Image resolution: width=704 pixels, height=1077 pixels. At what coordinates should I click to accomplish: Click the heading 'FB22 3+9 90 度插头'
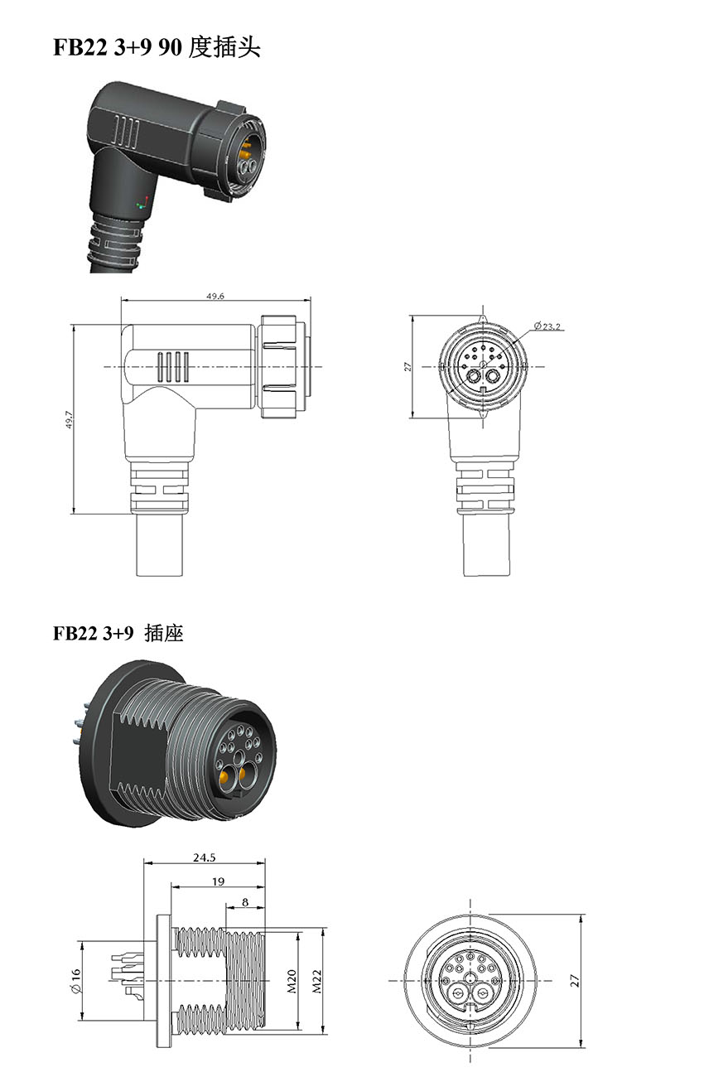click(157, 48)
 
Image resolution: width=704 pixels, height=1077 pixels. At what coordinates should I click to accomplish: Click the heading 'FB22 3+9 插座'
click(118, 634)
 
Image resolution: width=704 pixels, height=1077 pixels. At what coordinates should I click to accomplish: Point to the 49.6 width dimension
click(215, 297)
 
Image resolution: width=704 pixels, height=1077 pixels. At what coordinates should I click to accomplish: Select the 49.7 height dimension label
click(70, 419)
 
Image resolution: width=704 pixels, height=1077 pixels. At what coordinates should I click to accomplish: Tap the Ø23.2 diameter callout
click(547, 326)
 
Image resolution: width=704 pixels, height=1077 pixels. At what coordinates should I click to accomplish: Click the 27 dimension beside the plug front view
click(407, 365)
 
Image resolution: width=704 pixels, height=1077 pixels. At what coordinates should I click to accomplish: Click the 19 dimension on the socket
click(218, 881)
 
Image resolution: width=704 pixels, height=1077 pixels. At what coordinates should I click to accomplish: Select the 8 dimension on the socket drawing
click(246, 901)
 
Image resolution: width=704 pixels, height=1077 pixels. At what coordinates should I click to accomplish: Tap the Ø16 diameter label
click(75, 982)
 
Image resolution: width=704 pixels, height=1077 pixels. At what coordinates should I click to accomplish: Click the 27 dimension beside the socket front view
click(575, 980)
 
